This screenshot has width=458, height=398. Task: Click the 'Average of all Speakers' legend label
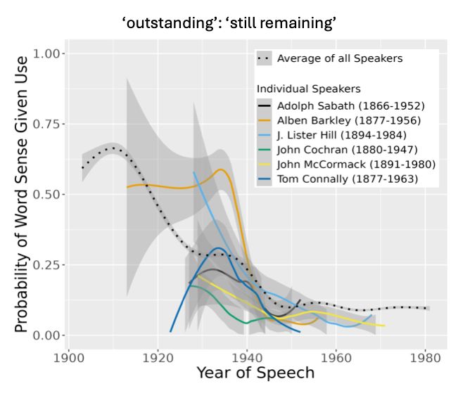click(x=340, y=58)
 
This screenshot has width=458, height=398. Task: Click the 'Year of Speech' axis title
click(x=255, y=372)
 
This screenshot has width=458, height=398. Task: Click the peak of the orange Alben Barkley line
click(x=222, y=169)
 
